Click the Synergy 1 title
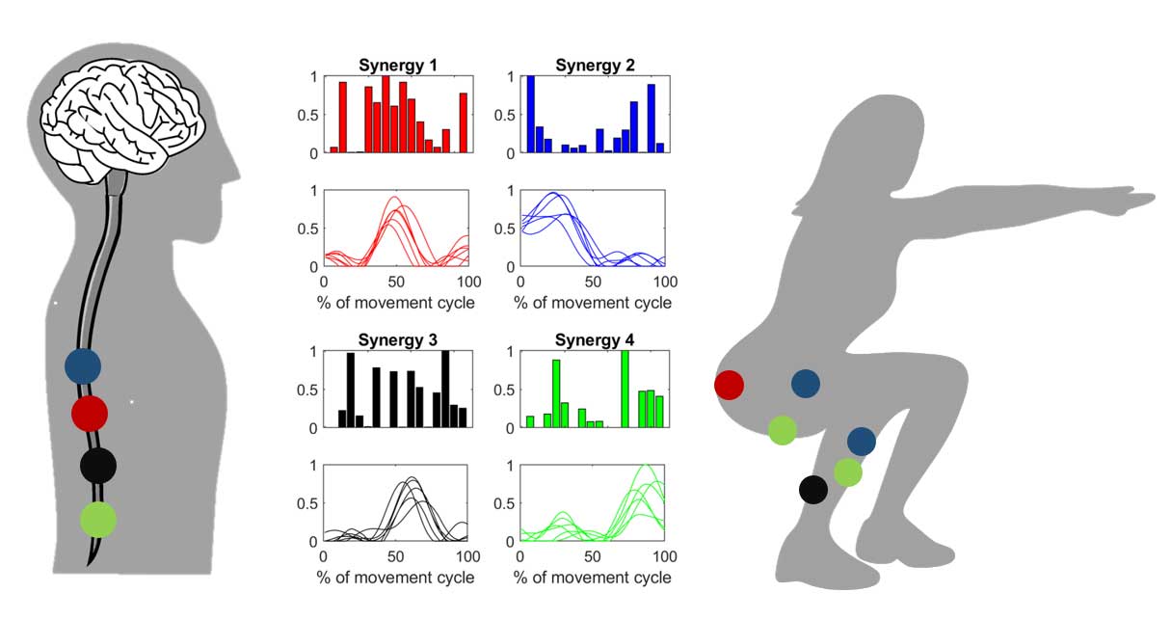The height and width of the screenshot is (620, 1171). click(398, 66)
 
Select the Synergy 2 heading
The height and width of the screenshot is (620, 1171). click(595, 66)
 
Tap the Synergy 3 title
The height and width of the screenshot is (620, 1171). click(398, 340)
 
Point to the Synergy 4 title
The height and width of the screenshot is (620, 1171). click(595, 340)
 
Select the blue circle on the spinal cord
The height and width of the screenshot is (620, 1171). click(83, 365)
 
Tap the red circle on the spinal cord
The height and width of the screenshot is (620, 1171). click(89, 414)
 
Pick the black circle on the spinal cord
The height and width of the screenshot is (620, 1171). click(98, 466)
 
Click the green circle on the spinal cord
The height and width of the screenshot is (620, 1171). click(98, 520)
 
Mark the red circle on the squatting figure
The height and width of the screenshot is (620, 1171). click(729, 385)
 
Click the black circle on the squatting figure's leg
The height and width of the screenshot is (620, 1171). click(813, 489)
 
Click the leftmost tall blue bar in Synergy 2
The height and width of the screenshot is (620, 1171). click(530, 114)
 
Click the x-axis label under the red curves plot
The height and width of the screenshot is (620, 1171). click(395, 303)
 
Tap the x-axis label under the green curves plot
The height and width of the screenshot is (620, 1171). click(592, 578)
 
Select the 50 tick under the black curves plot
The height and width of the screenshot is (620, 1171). click(395, 557)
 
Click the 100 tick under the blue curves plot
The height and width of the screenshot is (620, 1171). click(664, 283)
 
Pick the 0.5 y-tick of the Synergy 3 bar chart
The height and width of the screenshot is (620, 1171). click(309, 390)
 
